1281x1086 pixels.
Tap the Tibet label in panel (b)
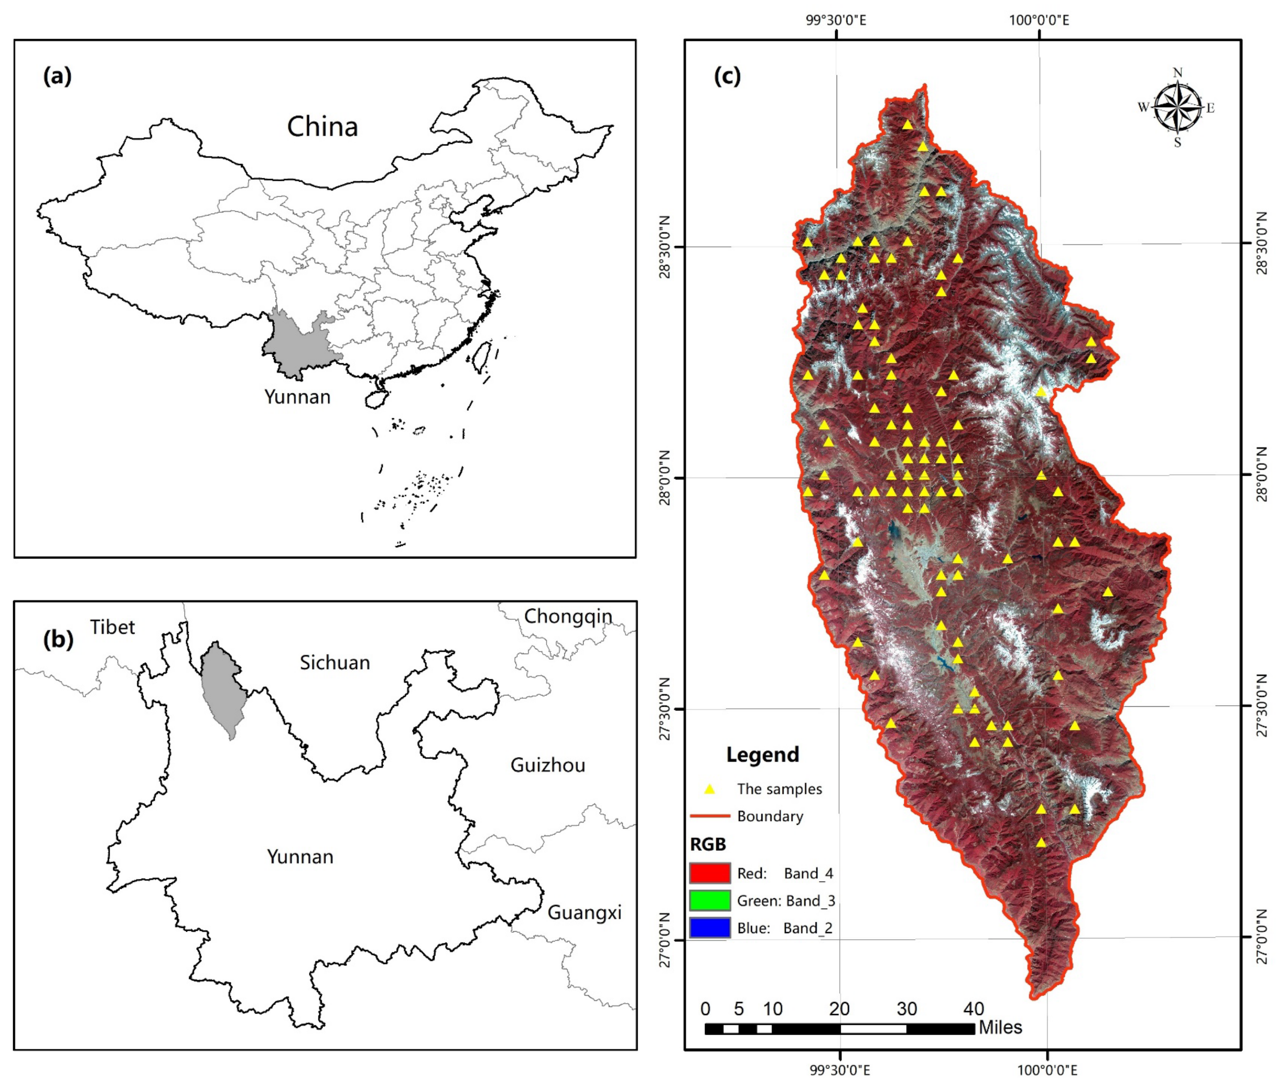pos(112,627)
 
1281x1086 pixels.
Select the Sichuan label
pos(335,663)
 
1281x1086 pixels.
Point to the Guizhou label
pos(547,765)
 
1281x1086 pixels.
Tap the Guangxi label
pos(584,912)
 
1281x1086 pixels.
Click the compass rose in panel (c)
pos(1177,108)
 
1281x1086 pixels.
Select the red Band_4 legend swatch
pos(710,873)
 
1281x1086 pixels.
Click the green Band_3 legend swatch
pos(710,900)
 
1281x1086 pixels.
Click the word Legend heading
pos(762,754)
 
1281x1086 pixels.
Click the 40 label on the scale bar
pos(973,1008)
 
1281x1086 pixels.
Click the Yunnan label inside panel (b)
pos(300,856)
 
